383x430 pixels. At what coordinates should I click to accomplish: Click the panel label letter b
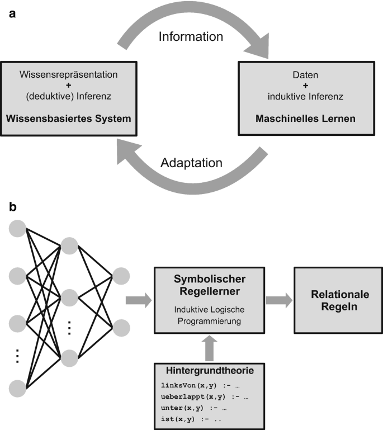click(13, 207)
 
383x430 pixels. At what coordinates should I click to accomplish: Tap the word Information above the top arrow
click(191, 37)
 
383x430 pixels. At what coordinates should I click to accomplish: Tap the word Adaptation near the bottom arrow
click(191, 164)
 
